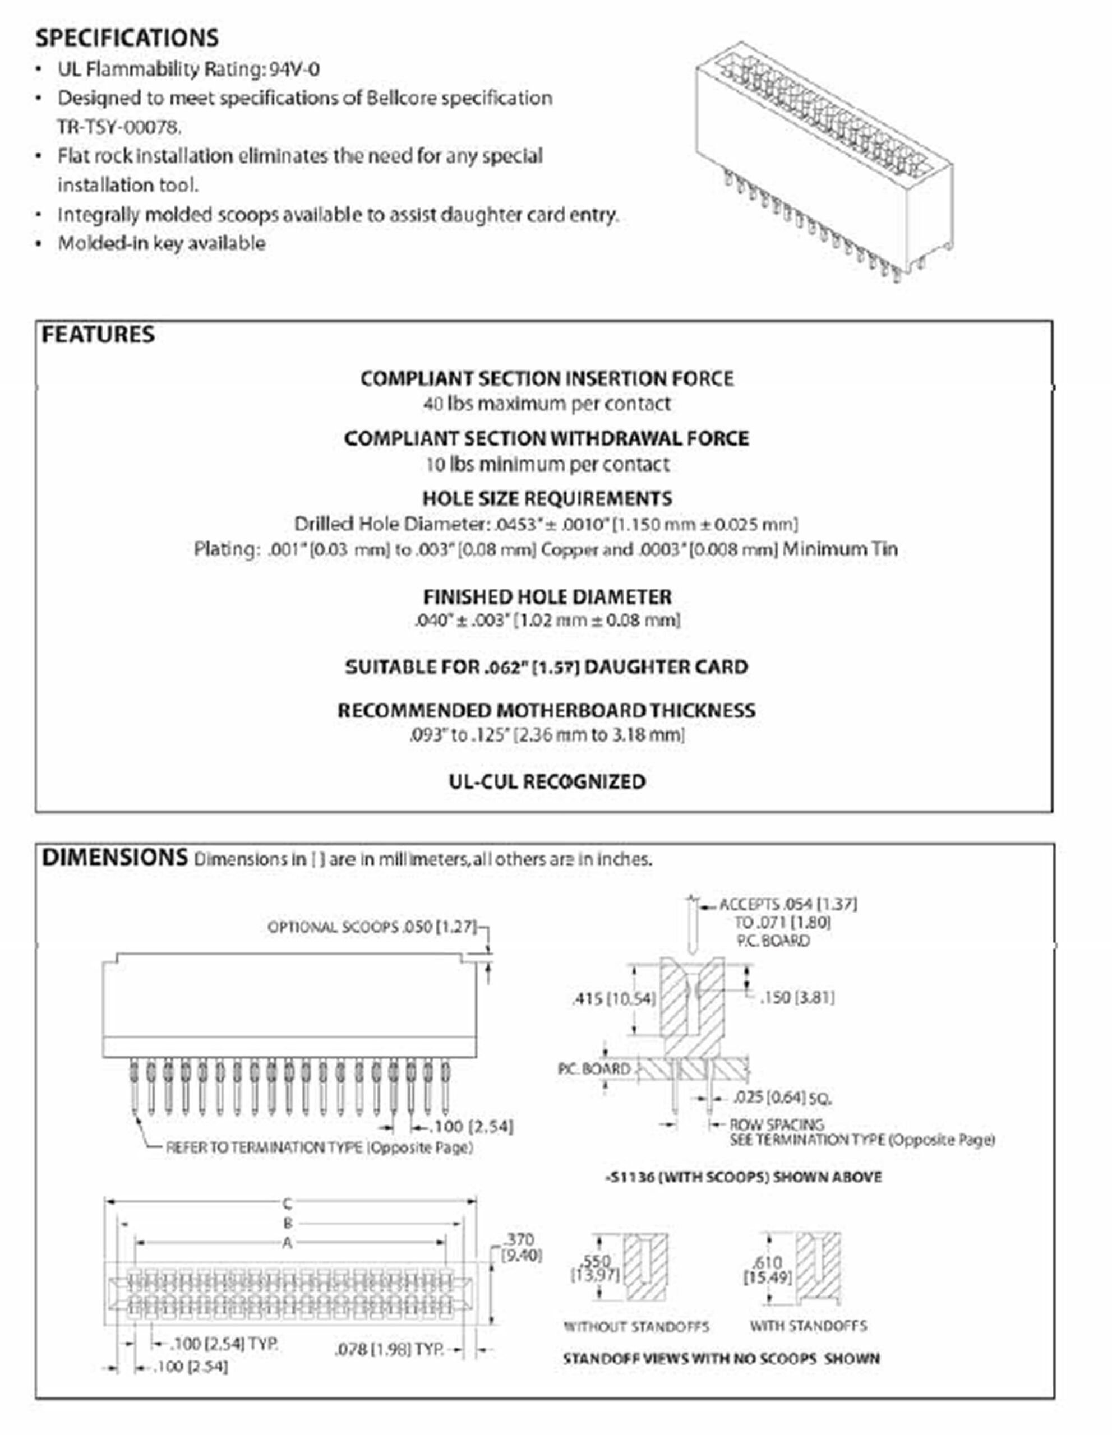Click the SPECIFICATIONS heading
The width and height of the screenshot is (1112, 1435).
coord(127,38)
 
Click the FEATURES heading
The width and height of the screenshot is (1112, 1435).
coord(98,335)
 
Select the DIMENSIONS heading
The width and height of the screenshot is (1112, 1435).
coord(114,858)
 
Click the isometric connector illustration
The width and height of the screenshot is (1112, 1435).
coord(824,164)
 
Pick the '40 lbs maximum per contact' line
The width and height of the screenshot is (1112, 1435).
coord(547,404)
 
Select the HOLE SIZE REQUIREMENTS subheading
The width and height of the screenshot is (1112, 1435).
coord(547,499)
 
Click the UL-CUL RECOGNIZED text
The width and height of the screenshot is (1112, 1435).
coord(547,781)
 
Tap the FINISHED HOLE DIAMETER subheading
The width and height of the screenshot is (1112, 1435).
coord(547,596)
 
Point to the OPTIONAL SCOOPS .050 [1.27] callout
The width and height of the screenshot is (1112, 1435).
coord(371,927)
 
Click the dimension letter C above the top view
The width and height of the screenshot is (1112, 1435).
coord(287,1203)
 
